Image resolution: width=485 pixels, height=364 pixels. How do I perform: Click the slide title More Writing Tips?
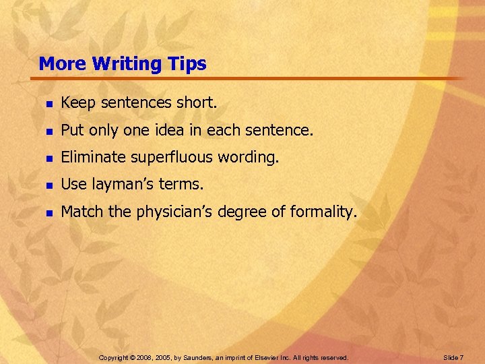123,64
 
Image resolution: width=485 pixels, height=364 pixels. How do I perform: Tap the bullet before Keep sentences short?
48,104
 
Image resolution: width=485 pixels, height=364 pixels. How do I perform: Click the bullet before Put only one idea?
48,131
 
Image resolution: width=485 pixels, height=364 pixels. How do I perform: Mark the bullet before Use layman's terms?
48,185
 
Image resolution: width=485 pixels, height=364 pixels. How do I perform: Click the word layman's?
119,185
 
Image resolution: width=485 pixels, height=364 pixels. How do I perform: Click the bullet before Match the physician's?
48,212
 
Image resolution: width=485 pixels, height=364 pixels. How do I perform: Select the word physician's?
175,212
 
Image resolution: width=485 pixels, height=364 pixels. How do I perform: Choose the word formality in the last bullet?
322,212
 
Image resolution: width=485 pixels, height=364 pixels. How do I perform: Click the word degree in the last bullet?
245,212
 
